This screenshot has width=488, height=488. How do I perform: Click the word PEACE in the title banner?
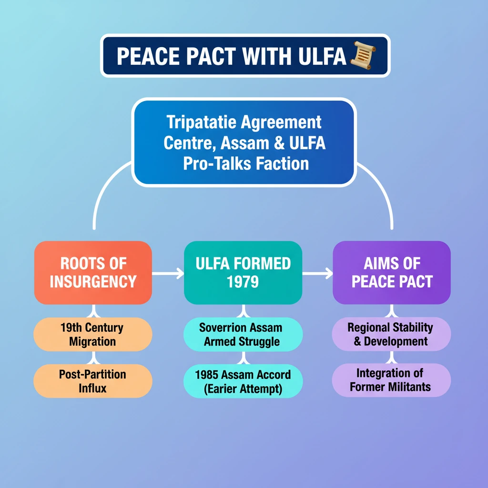click(145, 56)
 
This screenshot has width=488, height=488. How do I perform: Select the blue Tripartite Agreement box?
click(244, 143)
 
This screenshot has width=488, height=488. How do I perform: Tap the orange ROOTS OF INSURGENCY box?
click(93, 273)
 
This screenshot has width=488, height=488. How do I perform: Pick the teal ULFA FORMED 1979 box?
click(243, 273)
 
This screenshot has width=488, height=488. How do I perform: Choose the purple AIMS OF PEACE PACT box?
click(392, 273)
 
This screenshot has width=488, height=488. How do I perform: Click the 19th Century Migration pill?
click(92, 335)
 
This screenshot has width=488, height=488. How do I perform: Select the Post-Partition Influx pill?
click(92, 381)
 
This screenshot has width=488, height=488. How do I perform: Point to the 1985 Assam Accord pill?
click(243, 381)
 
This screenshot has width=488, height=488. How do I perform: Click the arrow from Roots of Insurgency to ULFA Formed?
click(168, 274)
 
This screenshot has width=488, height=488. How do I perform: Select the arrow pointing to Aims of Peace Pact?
click(317, 274)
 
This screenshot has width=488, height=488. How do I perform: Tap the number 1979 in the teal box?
click(243, 282)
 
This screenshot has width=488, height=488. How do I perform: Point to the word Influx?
click(93, 388)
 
